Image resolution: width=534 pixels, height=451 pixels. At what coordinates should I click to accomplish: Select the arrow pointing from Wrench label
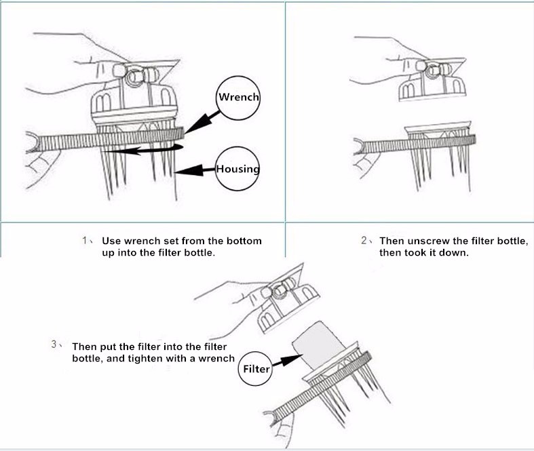[x=202, y=121]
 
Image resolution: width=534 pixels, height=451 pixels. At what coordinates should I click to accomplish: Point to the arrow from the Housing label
[x=195, y=170]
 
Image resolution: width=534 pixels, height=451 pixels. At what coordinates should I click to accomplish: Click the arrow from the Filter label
[x=288, y=361]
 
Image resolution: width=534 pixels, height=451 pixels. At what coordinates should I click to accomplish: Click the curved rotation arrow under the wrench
[x=143, y=149]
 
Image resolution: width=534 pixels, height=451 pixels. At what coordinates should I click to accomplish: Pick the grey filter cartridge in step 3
[x=319, y=344]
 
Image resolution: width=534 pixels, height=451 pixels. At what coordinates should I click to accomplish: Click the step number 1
[x=84, y=241]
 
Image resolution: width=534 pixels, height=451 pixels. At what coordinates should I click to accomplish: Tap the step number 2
[x=364, y=241]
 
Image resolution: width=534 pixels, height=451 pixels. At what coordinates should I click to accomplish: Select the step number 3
[x=54, y=344]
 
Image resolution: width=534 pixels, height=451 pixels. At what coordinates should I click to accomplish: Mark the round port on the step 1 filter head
[x=136, y=77]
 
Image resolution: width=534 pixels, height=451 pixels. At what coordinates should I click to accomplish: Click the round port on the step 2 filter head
[x=432, y=71]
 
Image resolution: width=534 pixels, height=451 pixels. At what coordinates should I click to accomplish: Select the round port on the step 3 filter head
[x=280, y=292]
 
